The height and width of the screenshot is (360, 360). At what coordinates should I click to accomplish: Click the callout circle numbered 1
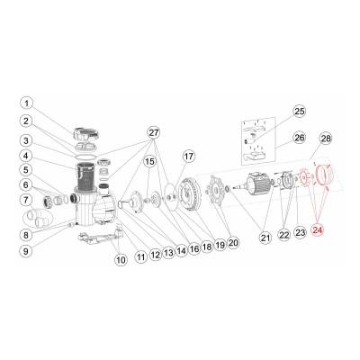tap(27, 103)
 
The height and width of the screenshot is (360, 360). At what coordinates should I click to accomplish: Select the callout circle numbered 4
tap(27, 156)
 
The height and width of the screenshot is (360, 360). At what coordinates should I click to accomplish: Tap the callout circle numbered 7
tap(27, 200)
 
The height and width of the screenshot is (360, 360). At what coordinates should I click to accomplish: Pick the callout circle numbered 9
tap(26, 251)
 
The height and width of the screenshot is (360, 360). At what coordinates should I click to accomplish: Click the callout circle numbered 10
tap(121, 259)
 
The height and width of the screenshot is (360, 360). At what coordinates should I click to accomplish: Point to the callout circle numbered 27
tap(154, 132)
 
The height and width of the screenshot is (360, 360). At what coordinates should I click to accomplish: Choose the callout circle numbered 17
tap(189, 157)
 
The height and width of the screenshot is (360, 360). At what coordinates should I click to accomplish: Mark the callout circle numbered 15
tap(149, 162)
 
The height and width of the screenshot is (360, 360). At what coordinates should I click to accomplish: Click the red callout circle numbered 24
tap(318, 230)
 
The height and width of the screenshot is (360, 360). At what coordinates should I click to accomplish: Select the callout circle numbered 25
tap(299, 112)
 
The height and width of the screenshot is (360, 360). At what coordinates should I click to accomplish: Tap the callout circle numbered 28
tap(326, 139)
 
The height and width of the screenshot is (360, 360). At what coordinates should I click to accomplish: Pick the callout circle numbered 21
tap(266, 238)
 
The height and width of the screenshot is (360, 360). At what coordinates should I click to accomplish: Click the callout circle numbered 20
tap(233, 242)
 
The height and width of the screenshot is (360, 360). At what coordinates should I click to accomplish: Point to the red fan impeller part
tap(304, 178)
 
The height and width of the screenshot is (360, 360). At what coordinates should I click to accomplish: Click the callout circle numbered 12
tap(156, 255)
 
